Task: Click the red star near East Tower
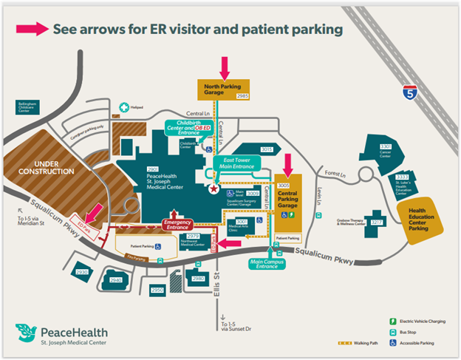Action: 214,190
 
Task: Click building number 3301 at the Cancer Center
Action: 385,147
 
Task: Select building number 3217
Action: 378,222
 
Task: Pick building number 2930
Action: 82,272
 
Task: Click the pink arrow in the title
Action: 32,29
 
